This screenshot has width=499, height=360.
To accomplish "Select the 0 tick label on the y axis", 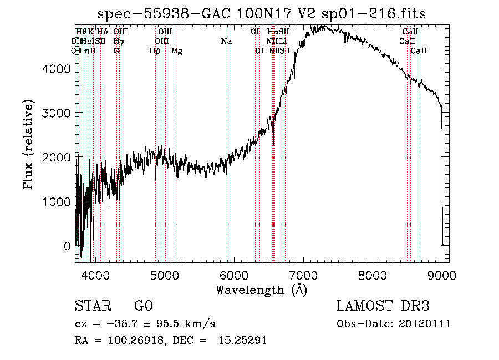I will (67, 246).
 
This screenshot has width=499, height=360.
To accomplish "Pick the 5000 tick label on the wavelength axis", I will (164, 275).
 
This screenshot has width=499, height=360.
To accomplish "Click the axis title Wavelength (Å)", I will (261, 290).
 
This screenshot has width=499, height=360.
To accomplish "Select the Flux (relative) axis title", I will (28, 144).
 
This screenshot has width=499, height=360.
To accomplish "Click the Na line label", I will (226, 41).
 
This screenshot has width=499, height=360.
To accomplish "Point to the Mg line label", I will (176, 51).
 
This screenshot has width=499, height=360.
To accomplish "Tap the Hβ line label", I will (155, 51).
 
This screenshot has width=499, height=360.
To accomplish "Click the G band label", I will (116, 51).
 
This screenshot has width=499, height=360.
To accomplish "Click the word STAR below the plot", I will (91, 306).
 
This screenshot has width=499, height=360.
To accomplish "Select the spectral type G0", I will (144, 306).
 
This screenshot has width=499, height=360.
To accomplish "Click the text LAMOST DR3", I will (383, 306).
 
